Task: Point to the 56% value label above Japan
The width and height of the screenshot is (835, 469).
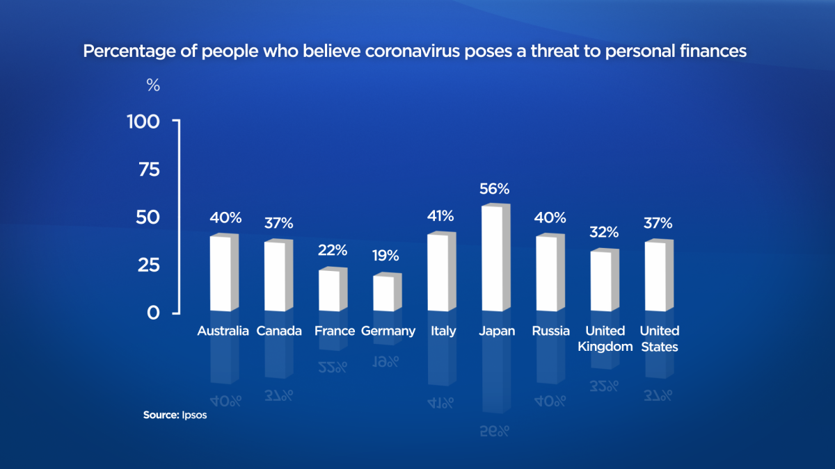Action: pos(495,189)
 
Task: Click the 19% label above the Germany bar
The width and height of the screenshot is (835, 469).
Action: pos(385,256)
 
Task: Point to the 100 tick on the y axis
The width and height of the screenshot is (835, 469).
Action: pos(144,122)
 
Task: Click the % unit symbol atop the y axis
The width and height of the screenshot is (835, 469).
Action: pos(153,86)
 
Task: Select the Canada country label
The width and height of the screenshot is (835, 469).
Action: pos(279,331)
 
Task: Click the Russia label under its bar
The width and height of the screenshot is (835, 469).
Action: pos(550,331)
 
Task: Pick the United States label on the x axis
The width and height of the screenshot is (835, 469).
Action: pos(659,338)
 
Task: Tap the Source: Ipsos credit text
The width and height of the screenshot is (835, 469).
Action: pos(175,415)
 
